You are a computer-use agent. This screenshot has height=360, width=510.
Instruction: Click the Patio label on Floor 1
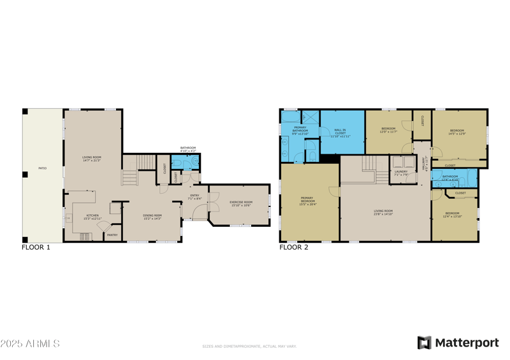(42, 168)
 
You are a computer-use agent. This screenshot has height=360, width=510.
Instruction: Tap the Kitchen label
(92, 217)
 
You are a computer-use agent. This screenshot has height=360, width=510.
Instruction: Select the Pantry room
(112, 235)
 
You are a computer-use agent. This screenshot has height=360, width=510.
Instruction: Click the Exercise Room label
(240, 203)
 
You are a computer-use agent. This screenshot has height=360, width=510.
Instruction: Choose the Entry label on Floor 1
(195, 197)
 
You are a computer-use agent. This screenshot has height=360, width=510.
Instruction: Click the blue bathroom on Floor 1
(184, 162)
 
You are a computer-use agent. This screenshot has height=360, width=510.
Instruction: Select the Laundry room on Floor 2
(401, 173)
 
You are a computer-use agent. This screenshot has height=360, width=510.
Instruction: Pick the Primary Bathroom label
(300, 130)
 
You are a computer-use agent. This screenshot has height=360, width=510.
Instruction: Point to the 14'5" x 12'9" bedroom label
(457, 132)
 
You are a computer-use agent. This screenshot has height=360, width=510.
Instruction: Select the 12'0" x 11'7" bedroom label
(388, 130)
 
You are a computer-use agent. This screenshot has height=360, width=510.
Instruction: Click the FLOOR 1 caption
(36, 247)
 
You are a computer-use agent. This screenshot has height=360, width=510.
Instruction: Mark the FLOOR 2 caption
(294, 247)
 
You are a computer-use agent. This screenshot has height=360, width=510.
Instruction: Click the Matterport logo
(458, 343)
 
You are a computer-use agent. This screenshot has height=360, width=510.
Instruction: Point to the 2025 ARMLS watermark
(30, 343)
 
